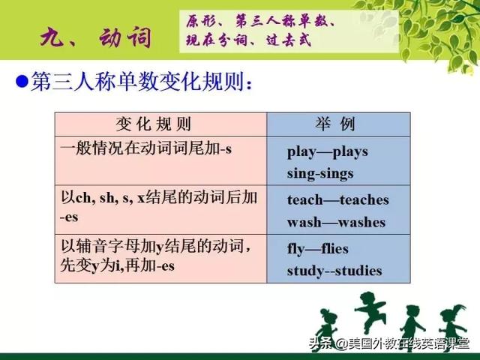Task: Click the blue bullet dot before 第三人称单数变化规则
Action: [22, 81]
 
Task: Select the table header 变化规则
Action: [153, 124]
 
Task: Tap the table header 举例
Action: [335, 124]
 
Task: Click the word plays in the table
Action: [350, 152]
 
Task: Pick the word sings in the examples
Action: [337, 174]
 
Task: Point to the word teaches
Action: [364, 200]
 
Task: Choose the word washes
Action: [361, 222]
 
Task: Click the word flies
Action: [335, 248]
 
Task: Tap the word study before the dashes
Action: [306, 271]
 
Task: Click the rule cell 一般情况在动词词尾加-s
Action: [145, 149]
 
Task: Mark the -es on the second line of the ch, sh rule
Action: [69, 217]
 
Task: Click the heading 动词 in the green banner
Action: [125, 37]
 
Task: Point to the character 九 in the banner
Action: [52, 37]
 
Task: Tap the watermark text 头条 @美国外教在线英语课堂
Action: [389, 343]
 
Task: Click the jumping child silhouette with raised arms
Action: [370, 311]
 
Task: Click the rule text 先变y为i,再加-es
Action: [117, 265]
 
